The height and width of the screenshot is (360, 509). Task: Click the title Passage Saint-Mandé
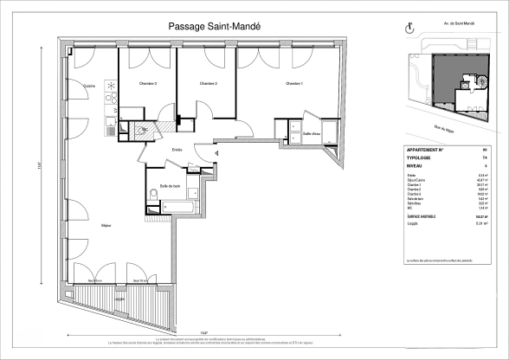tap(220, 27)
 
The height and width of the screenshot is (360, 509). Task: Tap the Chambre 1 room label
tap(293, 84)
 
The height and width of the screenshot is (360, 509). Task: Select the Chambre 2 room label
tap(208, 84)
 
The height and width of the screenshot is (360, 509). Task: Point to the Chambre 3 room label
tap(148, 84)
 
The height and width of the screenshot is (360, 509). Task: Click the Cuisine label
tap(88, 87)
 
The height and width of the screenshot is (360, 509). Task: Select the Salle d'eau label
tap(312, 134)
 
